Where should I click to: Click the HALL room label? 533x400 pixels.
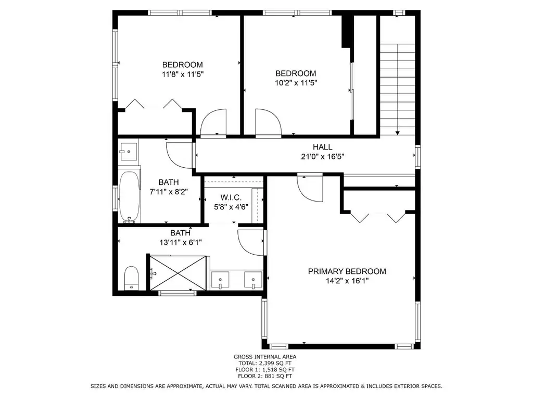323,147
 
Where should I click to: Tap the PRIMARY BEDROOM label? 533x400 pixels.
347,271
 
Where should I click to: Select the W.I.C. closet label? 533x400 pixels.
231,197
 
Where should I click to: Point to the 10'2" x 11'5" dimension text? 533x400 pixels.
296,83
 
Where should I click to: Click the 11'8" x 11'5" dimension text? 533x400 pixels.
183,74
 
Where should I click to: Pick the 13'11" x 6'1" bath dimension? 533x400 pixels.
181,242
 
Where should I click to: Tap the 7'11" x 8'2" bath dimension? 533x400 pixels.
169,192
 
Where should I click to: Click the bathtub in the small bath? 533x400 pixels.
130,196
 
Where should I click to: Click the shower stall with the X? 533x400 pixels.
178,273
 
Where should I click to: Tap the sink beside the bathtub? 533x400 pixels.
128,152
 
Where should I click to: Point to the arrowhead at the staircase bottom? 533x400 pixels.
397,133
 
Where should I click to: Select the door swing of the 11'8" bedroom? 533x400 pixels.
213,122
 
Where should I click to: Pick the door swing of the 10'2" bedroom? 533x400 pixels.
268,122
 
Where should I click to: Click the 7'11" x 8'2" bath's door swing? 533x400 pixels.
180,155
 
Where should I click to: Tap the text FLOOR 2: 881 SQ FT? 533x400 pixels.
265,376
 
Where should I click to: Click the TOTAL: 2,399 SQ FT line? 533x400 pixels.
265,363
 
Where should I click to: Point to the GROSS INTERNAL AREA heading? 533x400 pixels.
265,357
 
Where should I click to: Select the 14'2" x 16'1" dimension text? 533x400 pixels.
347,281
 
